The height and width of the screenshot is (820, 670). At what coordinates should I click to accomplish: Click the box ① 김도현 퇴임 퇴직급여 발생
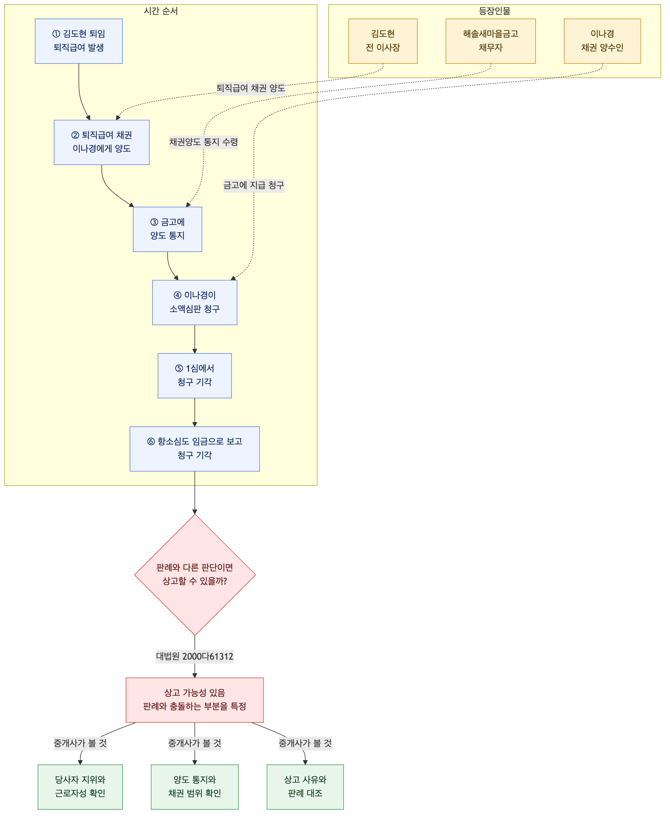click(79, 41)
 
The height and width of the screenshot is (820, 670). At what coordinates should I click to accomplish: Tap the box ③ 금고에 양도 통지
click(167, 229)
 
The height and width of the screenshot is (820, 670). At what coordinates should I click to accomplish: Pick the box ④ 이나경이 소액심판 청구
click(195, 302)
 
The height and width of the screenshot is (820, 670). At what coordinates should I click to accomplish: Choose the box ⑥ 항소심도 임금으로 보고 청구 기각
click(195, 449)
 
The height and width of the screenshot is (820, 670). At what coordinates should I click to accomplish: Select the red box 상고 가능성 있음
click(195, 700)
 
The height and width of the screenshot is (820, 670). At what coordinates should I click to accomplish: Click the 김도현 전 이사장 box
click(383, 41)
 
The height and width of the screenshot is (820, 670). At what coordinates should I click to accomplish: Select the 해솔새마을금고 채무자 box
click(490, 41)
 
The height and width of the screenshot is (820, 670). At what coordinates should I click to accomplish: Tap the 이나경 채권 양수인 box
click(602, 41)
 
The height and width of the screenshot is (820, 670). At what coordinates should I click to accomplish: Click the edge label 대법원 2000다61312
click(195, 656)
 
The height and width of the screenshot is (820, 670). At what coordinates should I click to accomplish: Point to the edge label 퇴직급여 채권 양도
click(251, 88)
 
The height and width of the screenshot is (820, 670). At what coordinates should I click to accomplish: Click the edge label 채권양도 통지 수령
click(203, 142)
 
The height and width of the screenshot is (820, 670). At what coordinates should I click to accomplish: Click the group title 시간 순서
click(161, 11)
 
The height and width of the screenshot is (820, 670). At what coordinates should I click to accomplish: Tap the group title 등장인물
click(494, 11)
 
